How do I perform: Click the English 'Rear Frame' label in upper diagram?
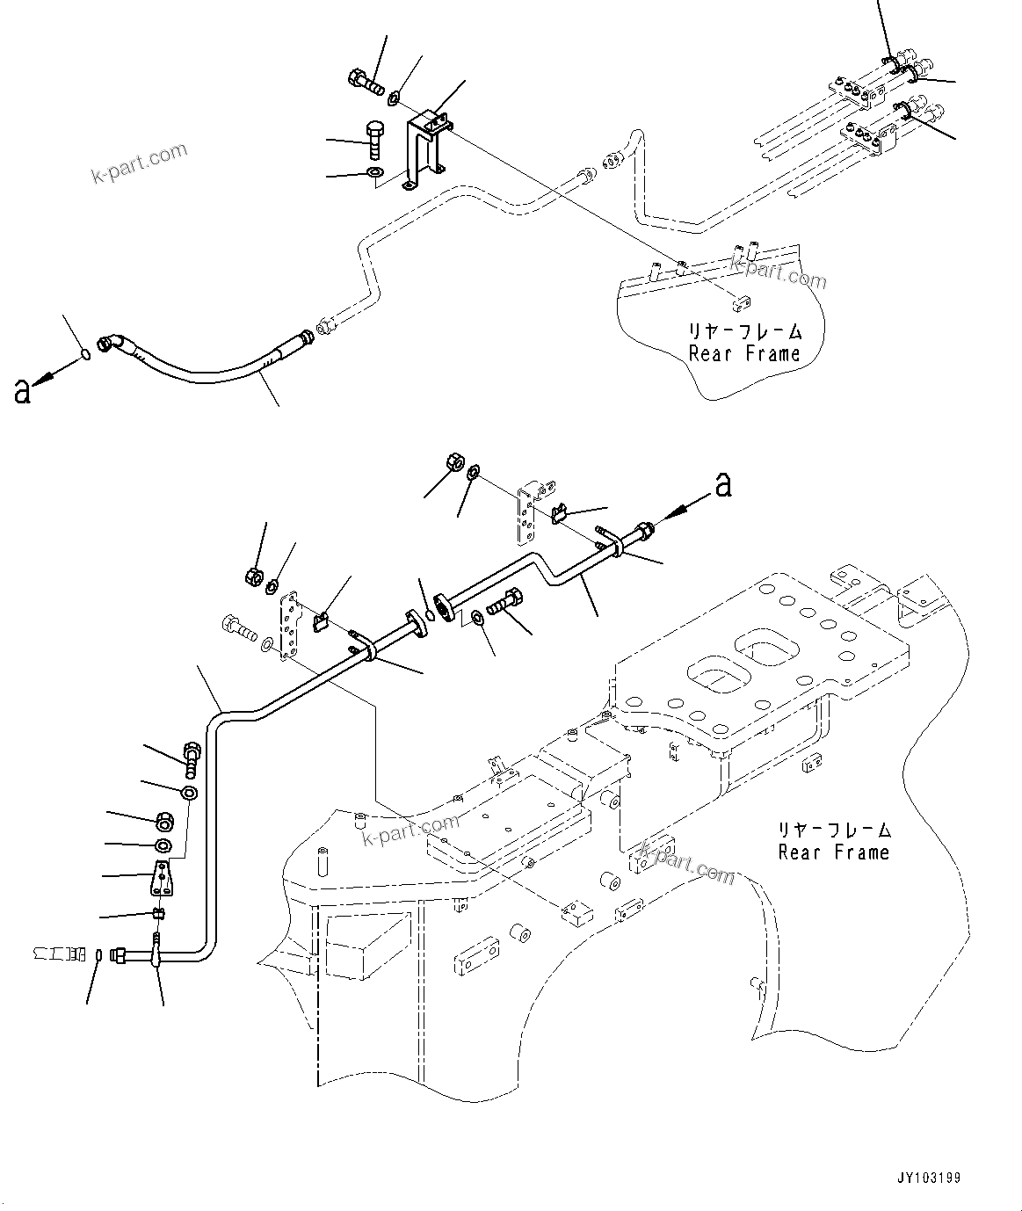[x=744, y=354]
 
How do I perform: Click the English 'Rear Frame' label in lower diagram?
[x=833, y=852]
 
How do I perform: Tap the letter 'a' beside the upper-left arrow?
[x=22, y=391]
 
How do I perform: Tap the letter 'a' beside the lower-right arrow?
[x=722, y=483]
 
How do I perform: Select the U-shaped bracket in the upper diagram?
[x=424, y=149]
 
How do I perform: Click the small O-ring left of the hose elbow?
[x=83, y=354]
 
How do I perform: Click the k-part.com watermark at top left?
[x=140, y=163]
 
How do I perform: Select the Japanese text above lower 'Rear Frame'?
[x=833, y=829]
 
